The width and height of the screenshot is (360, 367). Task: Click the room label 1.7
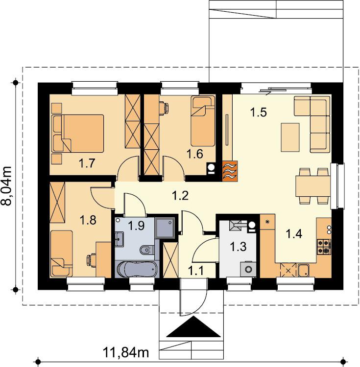[87, 163]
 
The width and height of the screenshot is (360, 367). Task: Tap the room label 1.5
[259, 112]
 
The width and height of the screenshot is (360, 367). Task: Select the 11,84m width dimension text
[126, 352]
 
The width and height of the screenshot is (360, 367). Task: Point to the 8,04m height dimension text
[6, 186]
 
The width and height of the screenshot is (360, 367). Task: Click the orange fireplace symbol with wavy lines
[230, 171]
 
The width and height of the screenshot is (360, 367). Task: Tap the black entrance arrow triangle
[193, 326]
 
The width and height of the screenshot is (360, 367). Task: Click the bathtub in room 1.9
[137, 269]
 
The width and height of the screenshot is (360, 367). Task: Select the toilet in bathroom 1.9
[147, 250]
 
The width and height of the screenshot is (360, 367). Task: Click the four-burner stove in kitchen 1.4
[324, 247]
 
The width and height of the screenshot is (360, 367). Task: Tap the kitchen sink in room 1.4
[304, 271]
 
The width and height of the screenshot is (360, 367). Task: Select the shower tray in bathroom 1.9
[165, 228]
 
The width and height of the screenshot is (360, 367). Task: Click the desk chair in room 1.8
[91, 260]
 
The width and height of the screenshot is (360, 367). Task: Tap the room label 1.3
[238, 247]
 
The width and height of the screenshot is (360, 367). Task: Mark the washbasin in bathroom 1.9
[120, 239]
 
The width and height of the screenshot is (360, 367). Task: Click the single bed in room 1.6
[203, 121]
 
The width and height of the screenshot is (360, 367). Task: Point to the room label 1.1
[196, 272]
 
